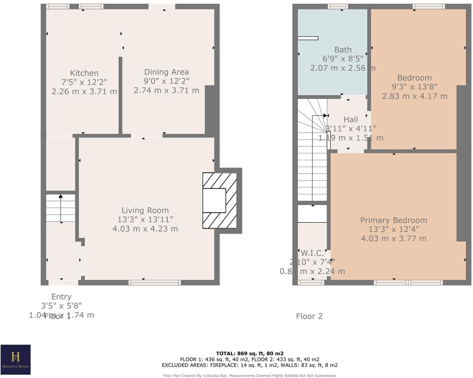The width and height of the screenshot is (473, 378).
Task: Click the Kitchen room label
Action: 84,73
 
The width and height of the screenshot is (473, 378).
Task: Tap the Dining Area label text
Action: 166,72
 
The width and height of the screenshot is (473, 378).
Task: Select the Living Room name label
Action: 145,210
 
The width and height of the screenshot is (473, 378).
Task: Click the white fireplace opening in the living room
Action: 214,200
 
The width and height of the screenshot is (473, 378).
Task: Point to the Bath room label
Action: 343,50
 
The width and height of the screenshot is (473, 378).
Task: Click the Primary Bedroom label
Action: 394,220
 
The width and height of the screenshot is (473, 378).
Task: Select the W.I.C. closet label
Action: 312,253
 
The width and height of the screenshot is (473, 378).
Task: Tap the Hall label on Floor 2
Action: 350,119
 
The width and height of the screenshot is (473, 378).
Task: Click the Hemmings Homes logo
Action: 16,359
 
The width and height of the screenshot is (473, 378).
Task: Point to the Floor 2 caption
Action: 309,316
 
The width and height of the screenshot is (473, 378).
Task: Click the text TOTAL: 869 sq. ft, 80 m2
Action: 250,353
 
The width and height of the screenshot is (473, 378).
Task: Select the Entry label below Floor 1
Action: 61,297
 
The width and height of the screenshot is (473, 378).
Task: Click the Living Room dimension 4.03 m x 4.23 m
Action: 145,229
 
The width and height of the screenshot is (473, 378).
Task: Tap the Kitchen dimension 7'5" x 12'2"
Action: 84,82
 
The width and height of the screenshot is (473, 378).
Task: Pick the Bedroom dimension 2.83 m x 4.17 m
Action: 414,96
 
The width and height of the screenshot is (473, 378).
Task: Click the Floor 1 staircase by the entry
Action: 61,208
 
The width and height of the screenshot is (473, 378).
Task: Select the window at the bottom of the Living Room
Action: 154,282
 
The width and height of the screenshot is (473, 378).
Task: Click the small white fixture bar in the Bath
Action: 308,38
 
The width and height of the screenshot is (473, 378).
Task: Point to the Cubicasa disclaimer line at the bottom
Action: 250,375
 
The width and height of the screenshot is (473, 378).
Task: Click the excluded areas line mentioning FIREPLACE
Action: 250,365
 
